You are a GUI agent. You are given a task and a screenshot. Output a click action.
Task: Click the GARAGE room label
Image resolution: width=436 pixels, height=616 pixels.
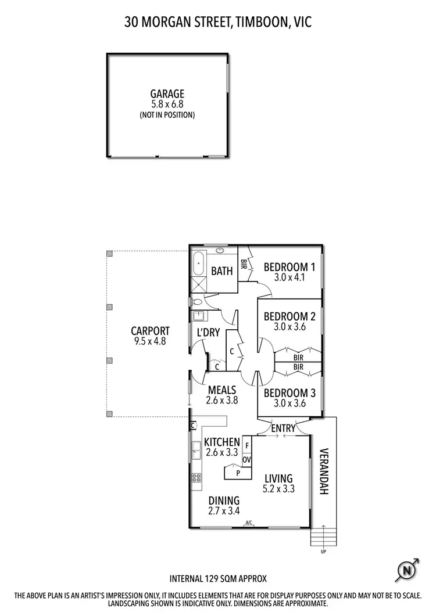pos(167,94)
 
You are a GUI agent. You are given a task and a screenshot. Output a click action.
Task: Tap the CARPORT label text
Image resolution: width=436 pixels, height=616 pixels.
pos(150,332)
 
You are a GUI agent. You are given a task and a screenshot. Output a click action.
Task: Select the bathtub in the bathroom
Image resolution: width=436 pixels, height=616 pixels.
pos(198,263)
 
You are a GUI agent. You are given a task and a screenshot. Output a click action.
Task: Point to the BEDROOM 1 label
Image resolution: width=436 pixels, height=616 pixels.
pos(289,268)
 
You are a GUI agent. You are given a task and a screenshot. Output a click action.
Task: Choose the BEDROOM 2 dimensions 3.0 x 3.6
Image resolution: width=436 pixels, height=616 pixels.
pos(289,327)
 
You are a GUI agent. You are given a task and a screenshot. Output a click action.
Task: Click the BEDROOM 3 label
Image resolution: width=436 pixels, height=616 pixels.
pos(289,393)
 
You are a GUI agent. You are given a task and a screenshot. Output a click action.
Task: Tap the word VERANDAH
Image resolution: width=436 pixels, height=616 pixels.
pos(324,471)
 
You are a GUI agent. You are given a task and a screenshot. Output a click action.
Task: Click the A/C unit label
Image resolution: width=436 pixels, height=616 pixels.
pos(249,523)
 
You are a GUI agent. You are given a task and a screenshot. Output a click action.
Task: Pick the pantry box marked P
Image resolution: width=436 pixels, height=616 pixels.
pos(238,473)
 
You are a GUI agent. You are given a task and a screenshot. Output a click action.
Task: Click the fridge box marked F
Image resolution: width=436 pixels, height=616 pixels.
pos(246,445)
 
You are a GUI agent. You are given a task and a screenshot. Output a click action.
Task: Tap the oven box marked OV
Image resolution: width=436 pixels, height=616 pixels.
pos(246,459)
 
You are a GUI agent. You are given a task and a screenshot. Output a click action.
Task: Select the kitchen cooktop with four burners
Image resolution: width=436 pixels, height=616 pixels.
pos(196,478)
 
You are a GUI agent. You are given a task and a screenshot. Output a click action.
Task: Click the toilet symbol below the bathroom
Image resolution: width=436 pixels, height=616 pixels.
pos(197,302)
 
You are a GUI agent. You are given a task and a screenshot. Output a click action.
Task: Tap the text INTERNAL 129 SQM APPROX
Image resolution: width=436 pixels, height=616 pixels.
pos(217,578)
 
